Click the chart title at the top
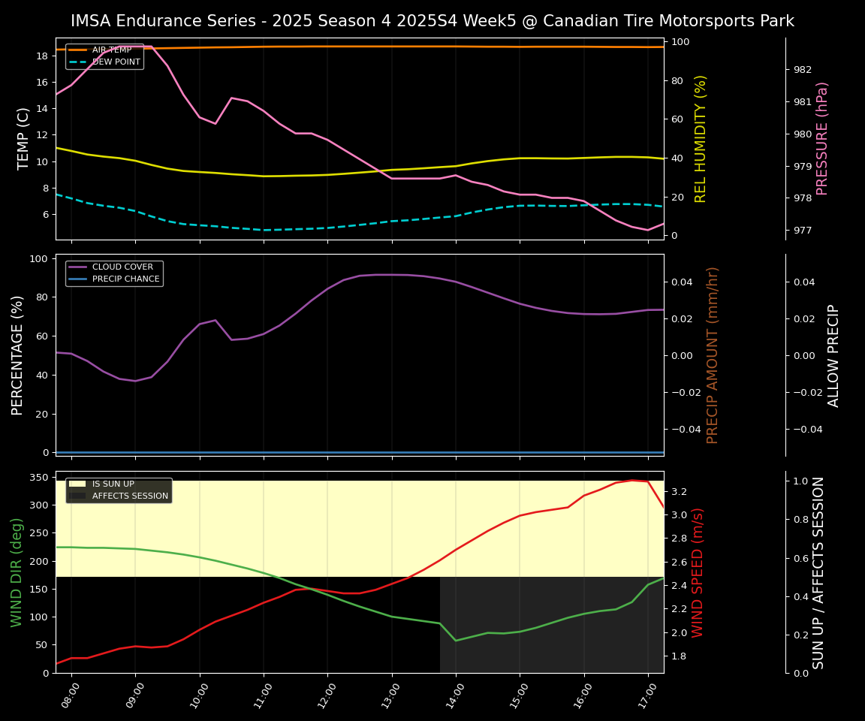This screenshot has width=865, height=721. click(x=432, y=21)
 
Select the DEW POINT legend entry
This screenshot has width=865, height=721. click(x=116, y=62)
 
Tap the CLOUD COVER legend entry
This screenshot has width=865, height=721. click(x=122, y=267)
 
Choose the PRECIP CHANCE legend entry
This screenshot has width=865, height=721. click(x=125, y=279)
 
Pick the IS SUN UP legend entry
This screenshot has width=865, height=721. click(x=113, y=484)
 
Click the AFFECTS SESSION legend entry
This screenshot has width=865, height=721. click(x=130, y=496)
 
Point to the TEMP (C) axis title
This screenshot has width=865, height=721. click(x=23, y=138)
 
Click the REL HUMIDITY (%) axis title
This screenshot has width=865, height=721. click(x=701, y=138)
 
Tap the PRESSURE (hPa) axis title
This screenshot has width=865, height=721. click(x=822, y=138)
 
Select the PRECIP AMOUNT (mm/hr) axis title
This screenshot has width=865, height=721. click(x=713, y=354)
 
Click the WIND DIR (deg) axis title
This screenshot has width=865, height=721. click(x=17, y=572)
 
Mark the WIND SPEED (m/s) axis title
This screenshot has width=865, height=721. click(x=698, y=572)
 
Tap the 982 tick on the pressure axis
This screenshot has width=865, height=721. click(x=802, y=70)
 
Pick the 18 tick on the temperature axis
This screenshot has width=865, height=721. click(x=41, y=56)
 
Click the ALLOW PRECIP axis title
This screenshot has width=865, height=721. click(x=833, y=354)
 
